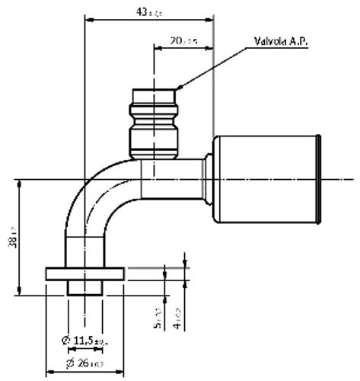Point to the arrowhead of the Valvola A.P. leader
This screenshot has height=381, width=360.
pyautogui.click(x=178, y=88)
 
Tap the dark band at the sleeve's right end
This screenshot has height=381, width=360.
pyautogui.click(x=322, y=181)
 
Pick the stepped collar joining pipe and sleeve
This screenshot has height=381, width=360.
pyautogui.click(x=202, y=180)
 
